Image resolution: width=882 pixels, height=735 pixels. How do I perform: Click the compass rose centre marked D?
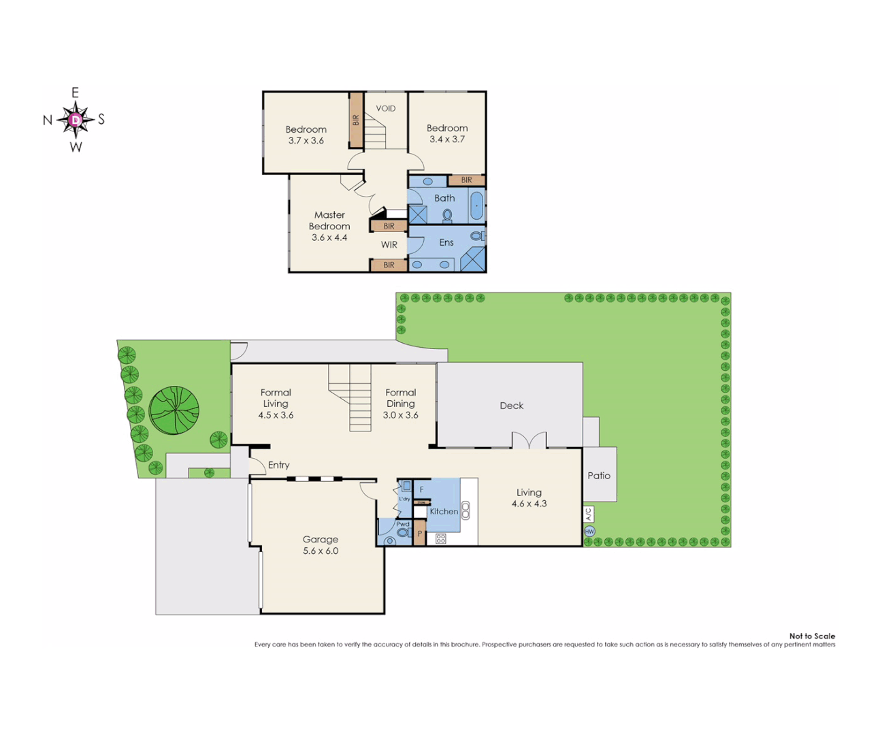coord(76,120)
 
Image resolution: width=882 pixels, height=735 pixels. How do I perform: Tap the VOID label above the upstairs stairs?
coord(385,108)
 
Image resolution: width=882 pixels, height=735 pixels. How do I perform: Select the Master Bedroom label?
coord(329,220)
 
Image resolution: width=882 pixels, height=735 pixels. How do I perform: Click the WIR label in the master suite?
coord(389,245)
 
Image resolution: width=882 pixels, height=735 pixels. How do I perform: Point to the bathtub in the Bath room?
coord(477,204)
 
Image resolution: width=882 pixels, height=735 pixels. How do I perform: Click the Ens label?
coord(446,242)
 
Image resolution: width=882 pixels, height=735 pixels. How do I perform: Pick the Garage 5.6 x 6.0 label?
coord(321,545)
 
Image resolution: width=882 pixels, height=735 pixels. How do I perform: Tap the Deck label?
coord(511,406)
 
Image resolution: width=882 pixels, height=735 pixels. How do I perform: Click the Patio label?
coord(599,476)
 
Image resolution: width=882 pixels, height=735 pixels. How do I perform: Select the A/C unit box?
coord(589,514)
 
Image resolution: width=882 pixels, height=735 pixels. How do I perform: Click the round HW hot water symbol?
coord(589,532)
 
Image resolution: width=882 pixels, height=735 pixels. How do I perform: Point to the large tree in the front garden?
coord(174,410)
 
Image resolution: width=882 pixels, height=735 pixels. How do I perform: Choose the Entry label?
coord(278,465)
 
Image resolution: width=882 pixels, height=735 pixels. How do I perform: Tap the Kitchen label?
coord(444,511)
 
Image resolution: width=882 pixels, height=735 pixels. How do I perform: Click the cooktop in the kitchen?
coord(440,538)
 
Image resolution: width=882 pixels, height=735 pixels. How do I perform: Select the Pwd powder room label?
coord(403,524)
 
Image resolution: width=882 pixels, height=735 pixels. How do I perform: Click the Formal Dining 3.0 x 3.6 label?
coord(400,404)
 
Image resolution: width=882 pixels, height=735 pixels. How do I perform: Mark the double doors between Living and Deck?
coord(529,440)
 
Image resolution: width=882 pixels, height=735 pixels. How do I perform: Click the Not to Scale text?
coord(812,636)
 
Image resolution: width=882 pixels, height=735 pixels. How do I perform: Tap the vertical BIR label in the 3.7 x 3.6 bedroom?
coord(356,120)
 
